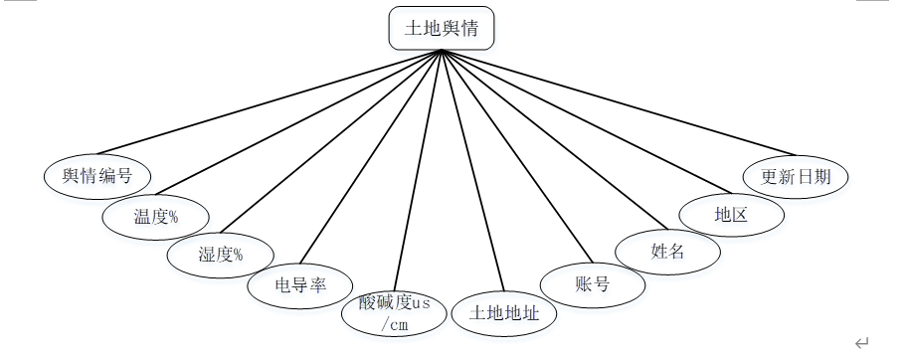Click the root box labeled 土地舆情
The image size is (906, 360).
coord(442,28)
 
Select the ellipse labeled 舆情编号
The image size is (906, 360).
coord(97,176)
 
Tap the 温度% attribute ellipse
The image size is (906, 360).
coord(155,217)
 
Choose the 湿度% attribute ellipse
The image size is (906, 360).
coord(221,255)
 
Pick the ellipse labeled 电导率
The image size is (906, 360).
coord(300,285)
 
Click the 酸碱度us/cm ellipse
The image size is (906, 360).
coord(394,314)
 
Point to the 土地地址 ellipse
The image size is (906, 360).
coord(504,313)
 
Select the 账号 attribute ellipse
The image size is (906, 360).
coord(593,284)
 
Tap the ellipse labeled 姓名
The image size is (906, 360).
coord(667,252)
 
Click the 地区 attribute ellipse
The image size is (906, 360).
coord(732,215)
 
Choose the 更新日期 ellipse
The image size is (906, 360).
coord(796,176)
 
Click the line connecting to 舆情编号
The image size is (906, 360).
coord(270,101)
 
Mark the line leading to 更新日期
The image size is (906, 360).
coord(619,102)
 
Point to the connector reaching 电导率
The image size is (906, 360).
coord(371,156)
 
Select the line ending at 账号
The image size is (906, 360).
coord(517,156)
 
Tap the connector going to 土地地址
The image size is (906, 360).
coord(472,170)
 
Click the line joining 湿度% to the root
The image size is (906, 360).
coord(331,141)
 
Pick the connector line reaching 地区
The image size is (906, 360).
coord(587,121)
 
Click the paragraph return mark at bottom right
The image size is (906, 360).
coord(861,343)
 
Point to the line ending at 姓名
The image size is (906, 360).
coord(555,139)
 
